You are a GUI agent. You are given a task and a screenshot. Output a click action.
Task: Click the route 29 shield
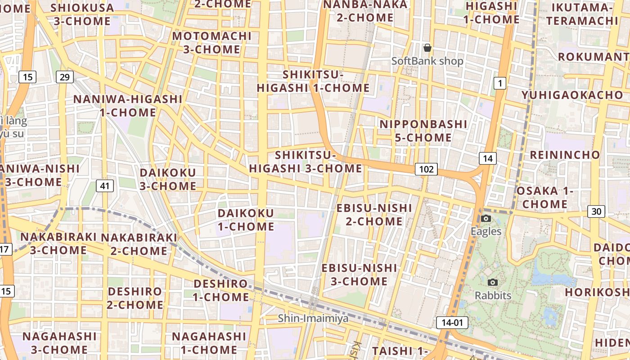tap(65, 77)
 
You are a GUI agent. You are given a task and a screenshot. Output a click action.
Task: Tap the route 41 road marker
tap(105, 186)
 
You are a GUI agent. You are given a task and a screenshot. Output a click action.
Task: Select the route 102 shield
tap(426, 169)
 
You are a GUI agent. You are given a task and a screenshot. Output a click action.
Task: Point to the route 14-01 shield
tap(452, 322)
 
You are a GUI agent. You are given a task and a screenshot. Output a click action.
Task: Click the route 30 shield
tap(596, 211)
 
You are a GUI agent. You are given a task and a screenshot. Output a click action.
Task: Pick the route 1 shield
tap(499, 83)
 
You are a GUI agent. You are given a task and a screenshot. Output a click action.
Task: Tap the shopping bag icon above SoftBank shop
tap(427, 48)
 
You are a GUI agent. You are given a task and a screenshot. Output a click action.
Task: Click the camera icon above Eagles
tap(486, 219)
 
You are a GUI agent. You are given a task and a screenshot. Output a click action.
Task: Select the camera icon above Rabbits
tap(493, 283)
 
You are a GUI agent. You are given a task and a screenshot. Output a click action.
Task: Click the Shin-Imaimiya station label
tap(313, 318)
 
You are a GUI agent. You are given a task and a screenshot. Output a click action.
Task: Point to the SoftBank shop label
tap(427, 61)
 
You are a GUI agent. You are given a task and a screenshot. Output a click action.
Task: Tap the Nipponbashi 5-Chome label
tap(423, 131)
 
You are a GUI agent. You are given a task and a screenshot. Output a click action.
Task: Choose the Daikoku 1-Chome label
tap(246, 220)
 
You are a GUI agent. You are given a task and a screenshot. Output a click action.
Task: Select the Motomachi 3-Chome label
tap(211, 43)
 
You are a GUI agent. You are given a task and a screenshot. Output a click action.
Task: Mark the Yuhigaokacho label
tap(572, 95)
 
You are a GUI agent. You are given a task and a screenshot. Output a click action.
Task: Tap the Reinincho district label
tap(565, 155)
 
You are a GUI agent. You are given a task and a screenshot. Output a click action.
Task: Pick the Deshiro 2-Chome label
tap(135, 298)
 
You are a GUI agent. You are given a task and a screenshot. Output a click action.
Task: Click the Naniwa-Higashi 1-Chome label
tap(128, 106)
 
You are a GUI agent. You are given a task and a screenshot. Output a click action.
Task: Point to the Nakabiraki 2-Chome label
tap(139, 244)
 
